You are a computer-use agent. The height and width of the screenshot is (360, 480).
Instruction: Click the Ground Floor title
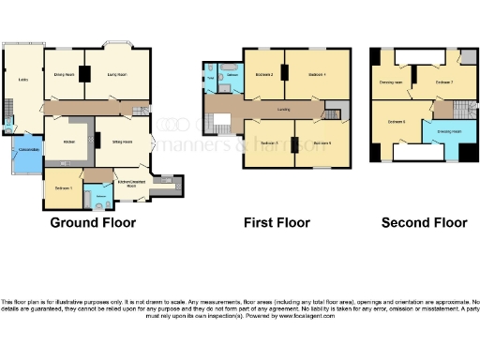(93, 222)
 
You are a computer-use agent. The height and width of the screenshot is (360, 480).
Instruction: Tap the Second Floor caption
(424, 222)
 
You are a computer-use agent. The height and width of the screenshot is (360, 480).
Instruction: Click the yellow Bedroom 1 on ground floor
(63, 187)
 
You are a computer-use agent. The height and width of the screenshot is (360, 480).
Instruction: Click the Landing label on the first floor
(281, 109)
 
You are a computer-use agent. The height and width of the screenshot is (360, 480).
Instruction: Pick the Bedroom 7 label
(443, 82)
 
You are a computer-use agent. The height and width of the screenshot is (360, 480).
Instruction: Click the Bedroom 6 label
(396, 121)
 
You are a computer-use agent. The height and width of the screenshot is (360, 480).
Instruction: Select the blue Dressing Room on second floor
(449, 132)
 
